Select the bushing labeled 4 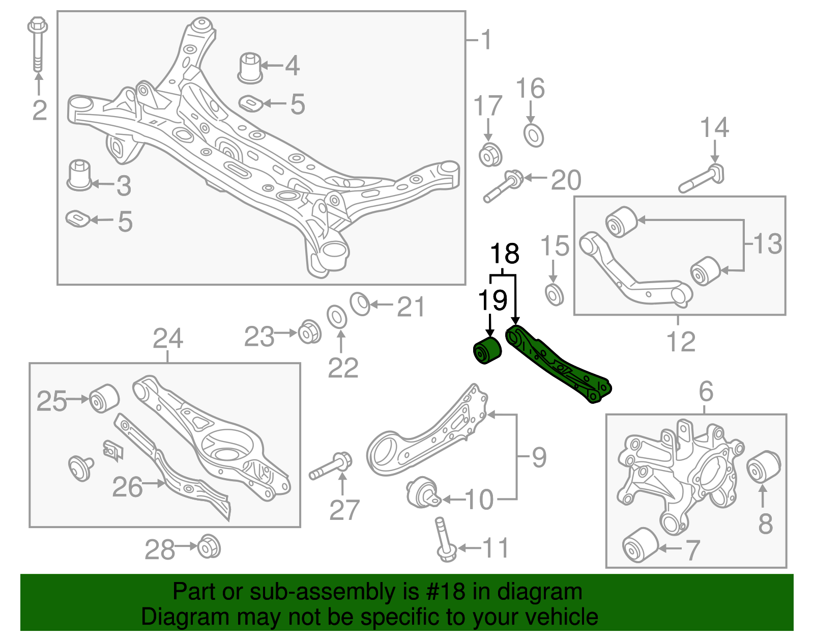pyautogui.click(x=250, y=67)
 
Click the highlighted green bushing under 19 pyautogui.click(x=487, y=350)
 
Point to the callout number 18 pyautogui.click(x=505, y=253)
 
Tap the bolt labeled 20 pyautogui.click(x=503, y=186)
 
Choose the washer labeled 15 pyautogui.click(x=554, y=295)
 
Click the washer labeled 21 pyautogui.click(x=360, y=304)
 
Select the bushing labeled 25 pyautogui.click(x=104, y=398)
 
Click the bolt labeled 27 pyautogui.click(x=331, y=466)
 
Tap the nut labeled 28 pyautogui.click(x=209, y=547)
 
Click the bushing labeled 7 pyautogui.click(x=641, y=545)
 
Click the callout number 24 pyautogui.click(x=168, y=339)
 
